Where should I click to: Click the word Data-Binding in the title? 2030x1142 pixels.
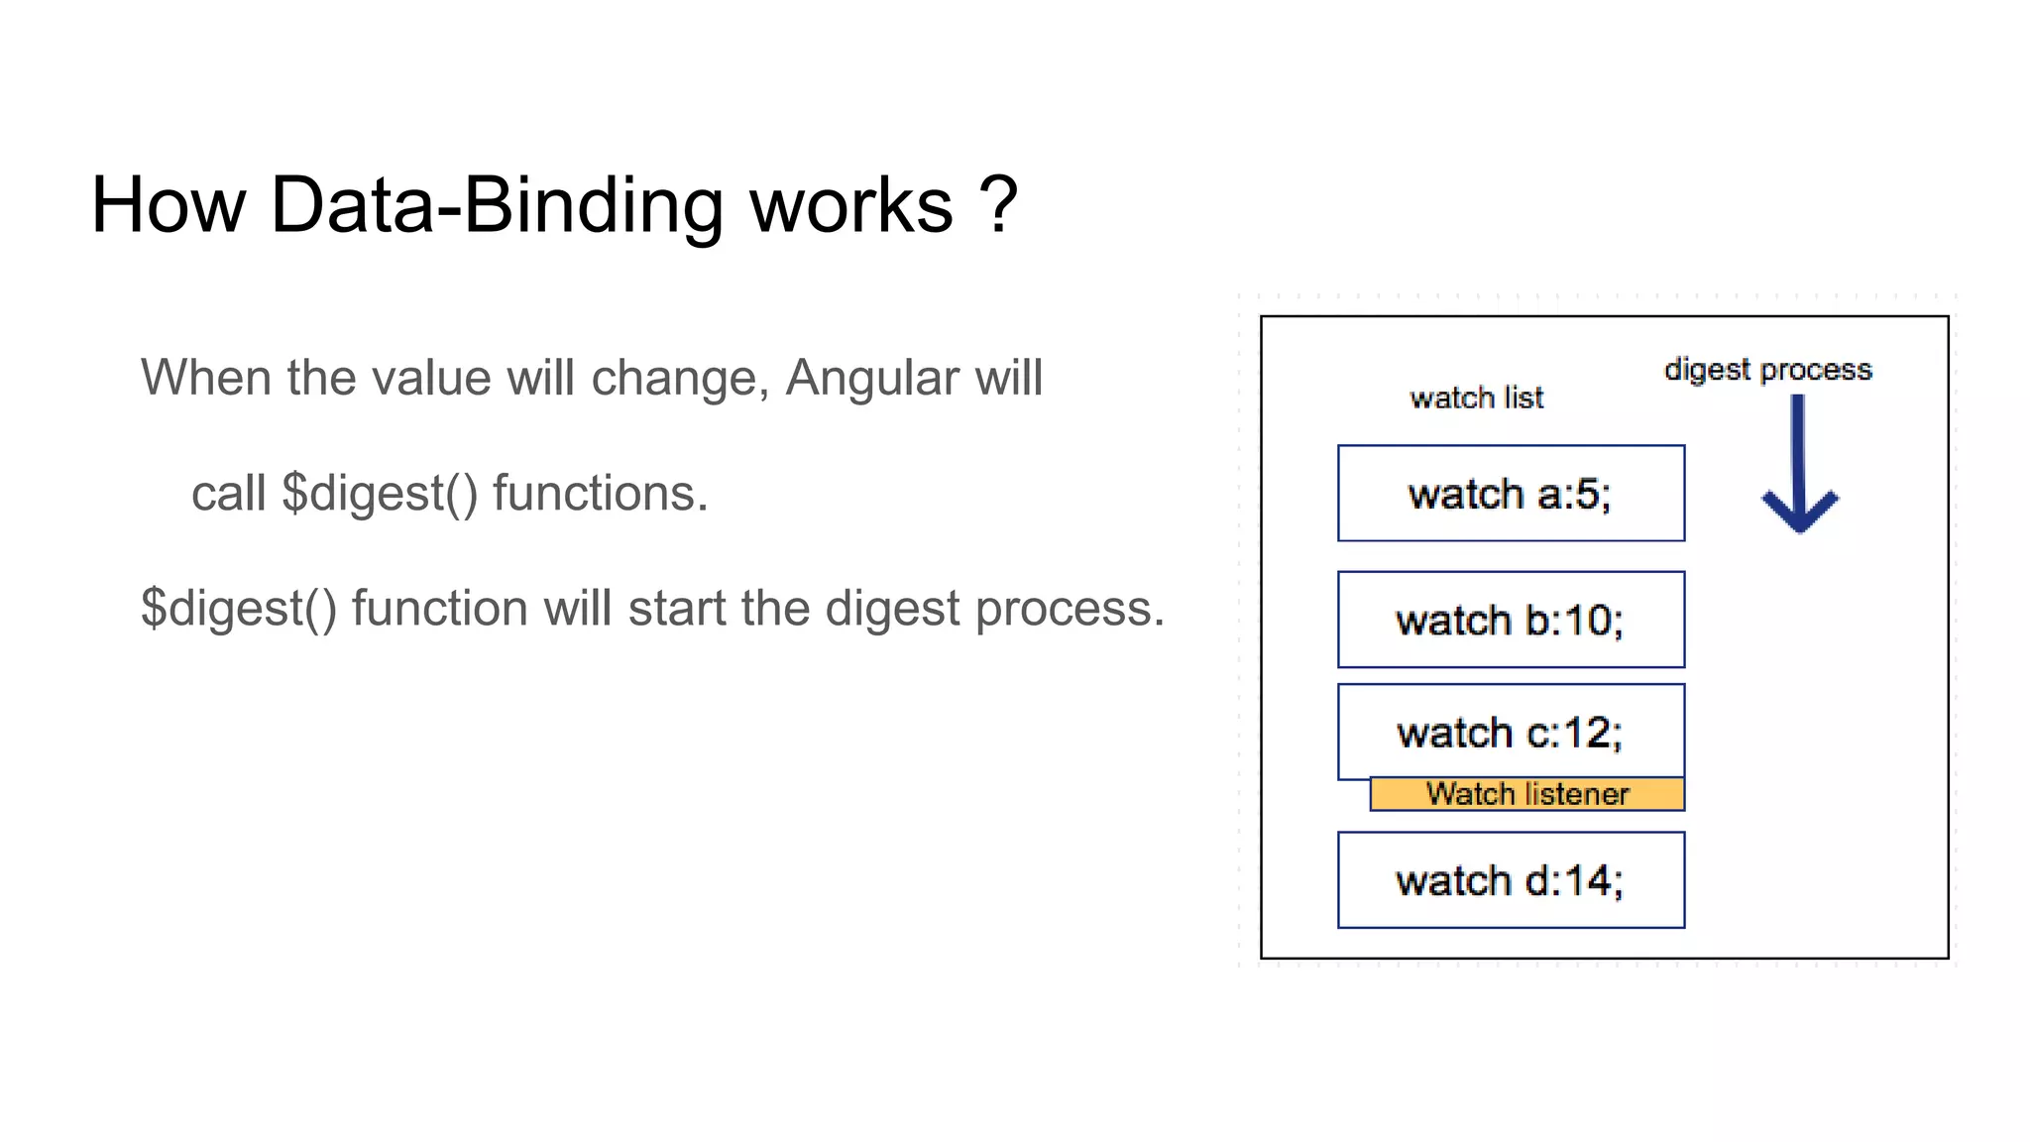click(497, 206)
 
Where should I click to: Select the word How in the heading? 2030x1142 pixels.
click(168, 206)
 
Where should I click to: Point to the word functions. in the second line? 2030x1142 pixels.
click(600, 493)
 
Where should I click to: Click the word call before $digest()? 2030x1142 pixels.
click(228, 493)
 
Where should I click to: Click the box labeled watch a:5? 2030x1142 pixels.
click(1510, 493)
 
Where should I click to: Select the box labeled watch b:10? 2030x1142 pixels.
click(1510, 620)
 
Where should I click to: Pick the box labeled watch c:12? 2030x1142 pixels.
click(1510, 732)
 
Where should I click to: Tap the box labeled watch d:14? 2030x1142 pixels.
click(1510, 880)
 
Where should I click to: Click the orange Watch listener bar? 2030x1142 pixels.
click(1526, 794)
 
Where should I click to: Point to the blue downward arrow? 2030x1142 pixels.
click(1798, 466)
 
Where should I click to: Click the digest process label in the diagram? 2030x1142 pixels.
click(1767, 370)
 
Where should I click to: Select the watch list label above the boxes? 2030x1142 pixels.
click(1476, 398)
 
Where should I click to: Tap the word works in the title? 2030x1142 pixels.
click(850, 206)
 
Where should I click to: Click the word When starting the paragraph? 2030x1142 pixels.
click(205, 378)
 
